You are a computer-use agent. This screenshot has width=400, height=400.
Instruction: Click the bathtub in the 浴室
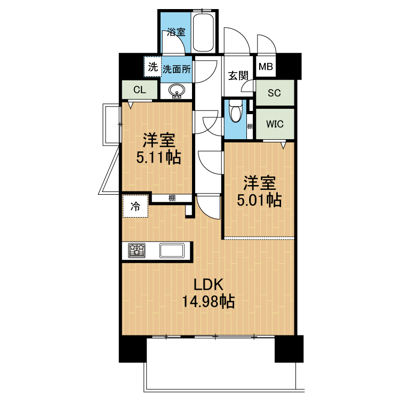[x=203, y=33]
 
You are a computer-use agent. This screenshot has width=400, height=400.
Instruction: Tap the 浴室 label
[x=176, y=32]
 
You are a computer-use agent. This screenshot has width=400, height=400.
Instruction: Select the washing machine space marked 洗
[x=153, y=67]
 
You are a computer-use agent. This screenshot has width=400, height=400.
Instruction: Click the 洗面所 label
[x=177, y=69]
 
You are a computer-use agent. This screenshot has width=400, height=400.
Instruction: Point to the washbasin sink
[x=177, y=91]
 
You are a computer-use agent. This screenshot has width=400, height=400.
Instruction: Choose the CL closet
[x=140, y=90]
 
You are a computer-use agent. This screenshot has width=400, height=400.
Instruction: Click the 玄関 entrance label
[x=238, y=76]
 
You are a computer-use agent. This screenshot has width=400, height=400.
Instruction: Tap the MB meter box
[x=266, y=67]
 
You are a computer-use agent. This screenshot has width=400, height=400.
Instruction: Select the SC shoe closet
[x=275, y=93]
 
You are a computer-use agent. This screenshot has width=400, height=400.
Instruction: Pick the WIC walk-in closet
[x=275, y=124]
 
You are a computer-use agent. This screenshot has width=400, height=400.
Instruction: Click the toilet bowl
[x=235, y=111]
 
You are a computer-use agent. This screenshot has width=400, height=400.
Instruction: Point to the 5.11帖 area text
[x=158, y=157]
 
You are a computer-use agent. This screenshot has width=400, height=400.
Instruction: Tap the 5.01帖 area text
[x=259, y=200]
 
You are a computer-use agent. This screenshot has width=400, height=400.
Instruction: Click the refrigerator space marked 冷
[x=135, y=206]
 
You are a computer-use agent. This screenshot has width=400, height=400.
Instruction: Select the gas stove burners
[x=137, y=250]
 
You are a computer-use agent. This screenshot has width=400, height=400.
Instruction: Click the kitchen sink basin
[x=172, y=251]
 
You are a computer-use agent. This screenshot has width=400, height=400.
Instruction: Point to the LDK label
[x=209, y=284]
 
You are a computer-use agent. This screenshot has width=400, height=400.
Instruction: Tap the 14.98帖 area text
[x=208, y=302]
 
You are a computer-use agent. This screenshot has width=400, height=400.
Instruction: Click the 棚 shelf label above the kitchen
[x=172, y=198]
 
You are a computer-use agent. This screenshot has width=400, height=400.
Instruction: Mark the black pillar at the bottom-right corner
[x=289, y=349]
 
